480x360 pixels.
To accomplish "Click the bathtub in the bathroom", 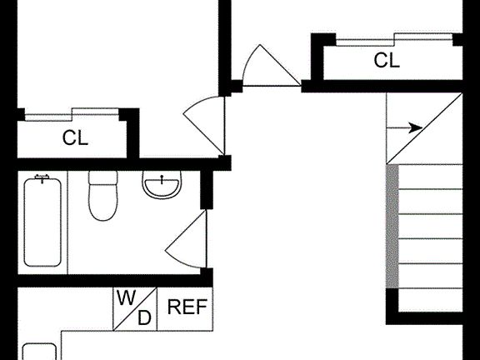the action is click(x=42, y=222).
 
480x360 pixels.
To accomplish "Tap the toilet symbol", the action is click(x=103, y=196).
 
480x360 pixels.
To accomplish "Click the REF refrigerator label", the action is click(x=187, y=307).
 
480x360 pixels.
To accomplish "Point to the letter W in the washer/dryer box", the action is click(x=127, y=297).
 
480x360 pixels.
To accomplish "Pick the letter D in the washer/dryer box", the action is click(x=144, y=317).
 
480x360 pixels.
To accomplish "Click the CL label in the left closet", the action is click(x=75, y=137).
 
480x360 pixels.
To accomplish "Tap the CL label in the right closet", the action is click(x=387, y=60).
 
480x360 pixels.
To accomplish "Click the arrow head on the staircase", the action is click(x=417, y=128).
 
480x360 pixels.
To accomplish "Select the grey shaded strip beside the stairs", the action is click(x=392, y=226).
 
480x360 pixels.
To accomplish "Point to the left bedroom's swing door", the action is click(x=204, y=126).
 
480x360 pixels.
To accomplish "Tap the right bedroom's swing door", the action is click(x=271, y=66).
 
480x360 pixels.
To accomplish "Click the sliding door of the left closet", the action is click(x=72, y=114).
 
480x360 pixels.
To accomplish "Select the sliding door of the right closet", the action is click(x=394, y=39).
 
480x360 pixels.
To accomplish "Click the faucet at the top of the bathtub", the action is click(x=42, y=177).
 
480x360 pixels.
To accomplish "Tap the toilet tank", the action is click(x=103, y=177).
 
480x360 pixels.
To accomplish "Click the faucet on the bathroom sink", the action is click(x=162, y=179).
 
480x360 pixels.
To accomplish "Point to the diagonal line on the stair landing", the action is click(x=424, y=128).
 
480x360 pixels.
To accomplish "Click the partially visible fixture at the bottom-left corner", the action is click(x=39, y=352).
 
